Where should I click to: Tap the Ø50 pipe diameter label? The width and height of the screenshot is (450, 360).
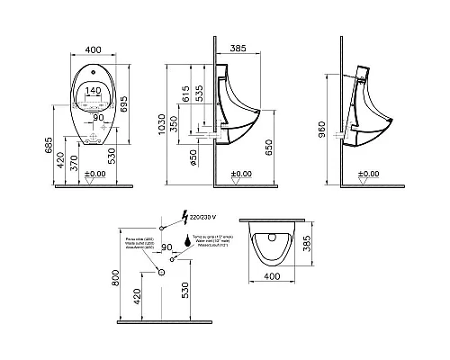coord(193,161)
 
